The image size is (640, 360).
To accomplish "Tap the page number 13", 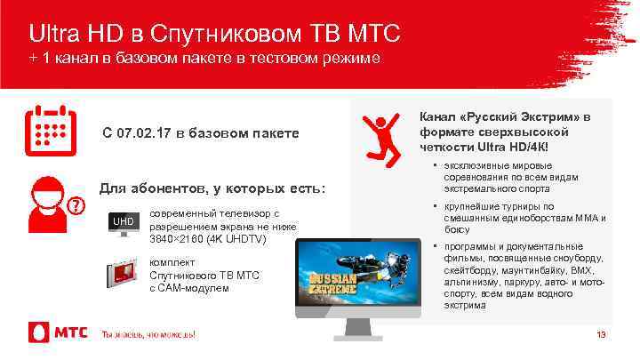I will (601, 334).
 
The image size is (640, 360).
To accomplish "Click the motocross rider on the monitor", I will (347, 257).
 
